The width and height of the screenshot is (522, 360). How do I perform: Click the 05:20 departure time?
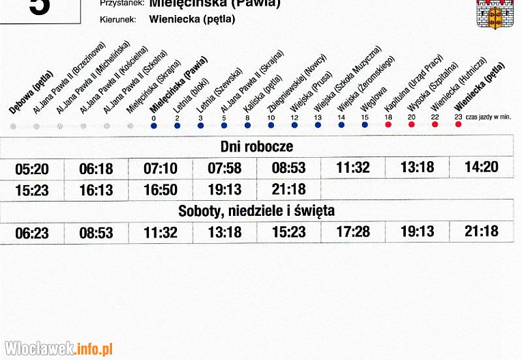tap(32, 168)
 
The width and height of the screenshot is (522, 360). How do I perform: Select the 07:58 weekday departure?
tap(225, 168)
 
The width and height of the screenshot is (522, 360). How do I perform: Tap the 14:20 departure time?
tap(482, 167)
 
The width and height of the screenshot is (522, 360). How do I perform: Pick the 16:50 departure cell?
tap(161, 191)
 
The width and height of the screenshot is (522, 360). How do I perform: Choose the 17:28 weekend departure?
tap(353, 232)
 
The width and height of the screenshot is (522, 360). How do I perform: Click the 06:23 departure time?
tap(32, 234)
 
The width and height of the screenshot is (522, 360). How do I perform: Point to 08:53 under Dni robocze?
tap(289, 168)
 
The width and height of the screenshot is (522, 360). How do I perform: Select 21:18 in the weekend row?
tap(482, 232)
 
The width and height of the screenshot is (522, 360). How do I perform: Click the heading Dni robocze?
tap(256, 147)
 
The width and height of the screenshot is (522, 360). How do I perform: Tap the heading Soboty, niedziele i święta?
tap(256, 211)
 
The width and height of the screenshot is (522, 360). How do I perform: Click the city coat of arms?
tap(495, 14)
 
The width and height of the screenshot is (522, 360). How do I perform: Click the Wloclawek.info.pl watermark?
tap(57, 348)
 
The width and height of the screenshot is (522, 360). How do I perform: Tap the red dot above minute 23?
tap(458, 126)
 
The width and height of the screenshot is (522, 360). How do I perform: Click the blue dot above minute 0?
tap(154, 126)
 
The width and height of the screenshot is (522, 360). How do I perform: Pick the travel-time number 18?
tap(388, 117)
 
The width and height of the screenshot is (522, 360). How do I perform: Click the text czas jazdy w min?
tap(490, 117)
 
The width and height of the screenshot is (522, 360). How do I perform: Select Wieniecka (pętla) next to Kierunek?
tap(192, 19)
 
